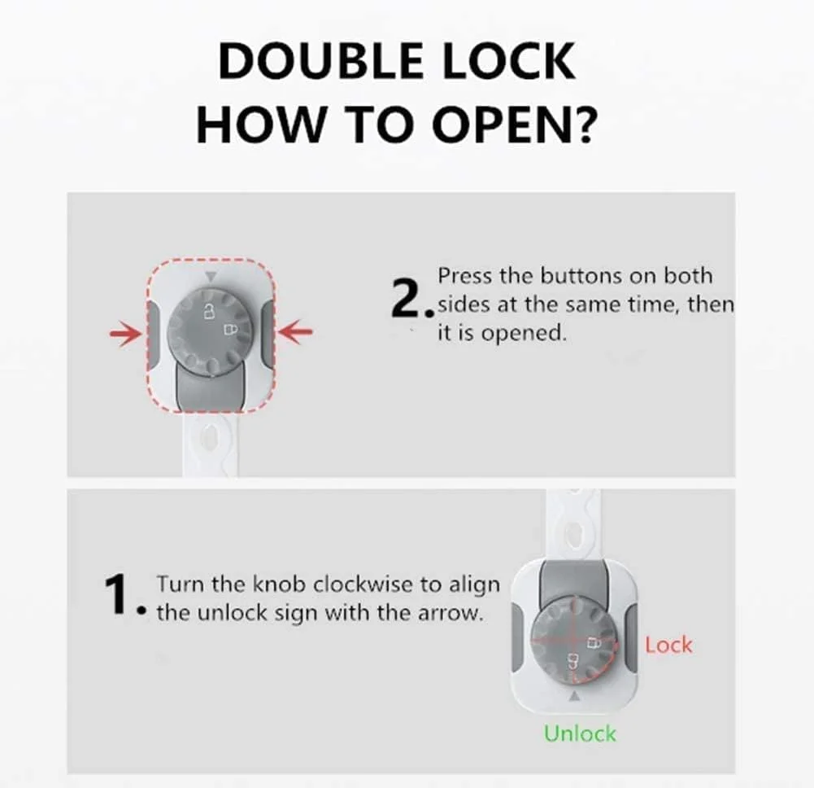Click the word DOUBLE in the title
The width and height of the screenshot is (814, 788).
[321, 61]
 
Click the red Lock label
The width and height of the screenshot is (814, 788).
[668, 645]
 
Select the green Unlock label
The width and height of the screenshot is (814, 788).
[581, 733]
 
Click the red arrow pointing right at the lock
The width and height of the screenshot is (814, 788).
[125, 333]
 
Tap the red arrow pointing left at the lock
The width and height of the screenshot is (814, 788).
[295, 332]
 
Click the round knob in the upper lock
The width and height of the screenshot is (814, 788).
[210, 331]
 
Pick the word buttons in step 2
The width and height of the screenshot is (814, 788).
[581, 276]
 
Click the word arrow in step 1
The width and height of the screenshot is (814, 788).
[455, 614]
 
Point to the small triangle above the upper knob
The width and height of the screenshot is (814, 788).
[210, 277]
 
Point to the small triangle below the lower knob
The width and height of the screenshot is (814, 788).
[574, 696]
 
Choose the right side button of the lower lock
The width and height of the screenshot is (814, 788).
[630, 637]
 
